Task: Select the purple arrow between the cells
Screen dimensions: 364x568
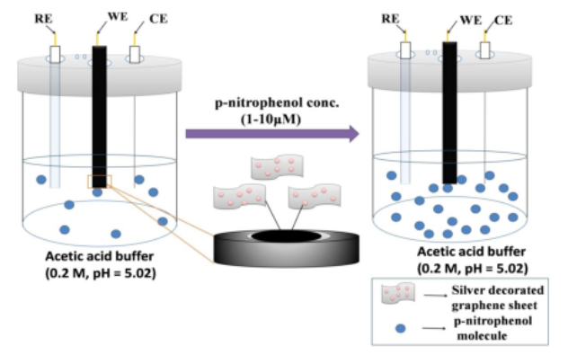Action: (x=271, y=134)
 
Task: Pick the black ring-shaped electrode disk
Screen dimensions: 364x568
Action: (x=271, y=244)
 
